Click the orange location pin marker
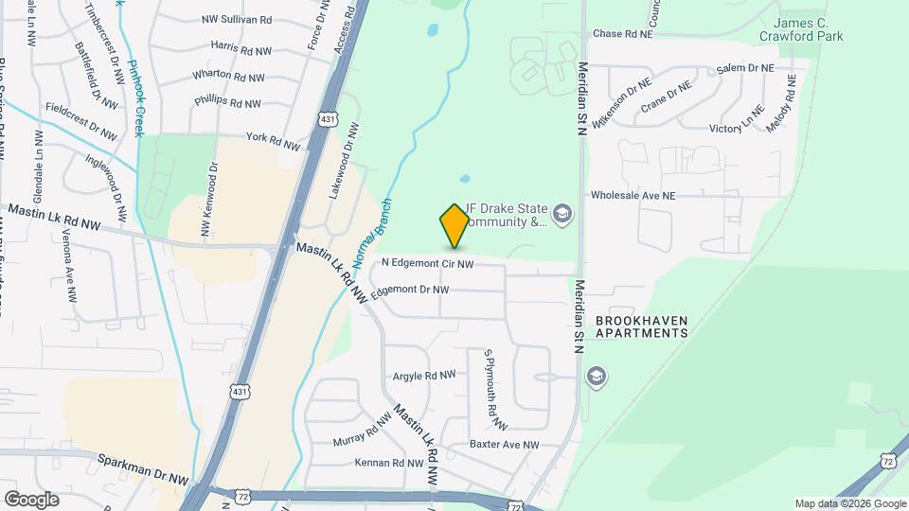click(x=454, y=225)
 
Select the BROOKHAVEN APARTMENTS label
click(x=642, y=326)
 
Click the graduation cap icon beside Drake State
click(x=563, y=215)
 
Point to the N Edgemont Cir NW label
click(x=427, y=263)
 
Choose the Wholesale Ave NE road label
click(x=633, y=195)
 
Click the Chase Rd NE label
click(x=623, y=33)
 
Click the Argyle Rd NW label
click(x=424, y=376)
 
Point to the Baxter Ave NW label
click(x=504, y=444)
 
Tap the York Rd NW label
click(x=273, y=141)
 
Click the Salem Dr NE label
click(x=745, y=68)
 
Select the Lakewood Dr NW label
click(x=344, y=158)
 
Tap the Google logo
click(x=31, y=499)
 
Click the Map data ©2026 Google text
click(x=849, y=503)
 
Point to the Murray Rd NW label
click(x=363, y=431)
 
